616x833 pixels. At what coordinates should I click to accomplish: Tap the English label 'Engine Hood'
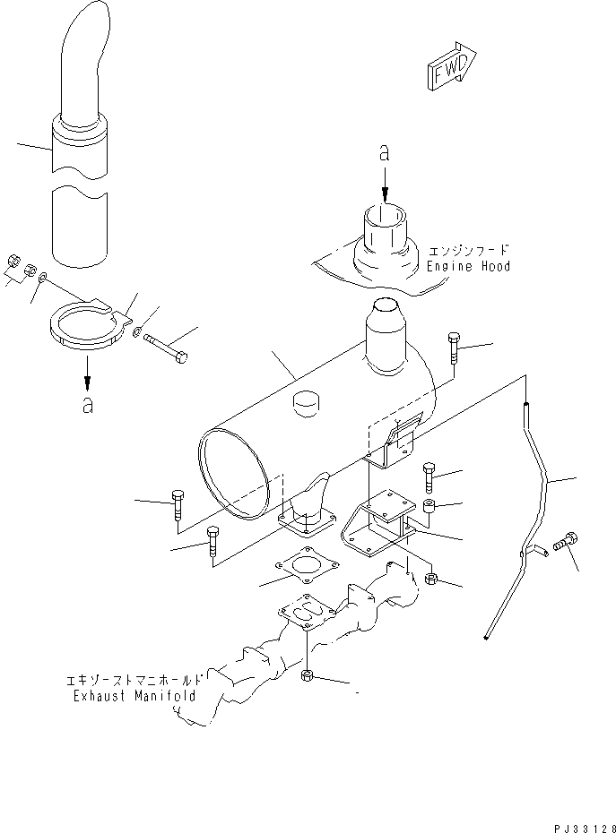coord(467,267)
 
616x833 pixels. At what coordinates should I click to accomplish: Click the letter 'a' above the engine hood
coord(385,154)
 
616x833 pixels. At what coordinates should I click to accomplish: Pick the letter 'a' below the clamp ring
coord(87,405)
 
